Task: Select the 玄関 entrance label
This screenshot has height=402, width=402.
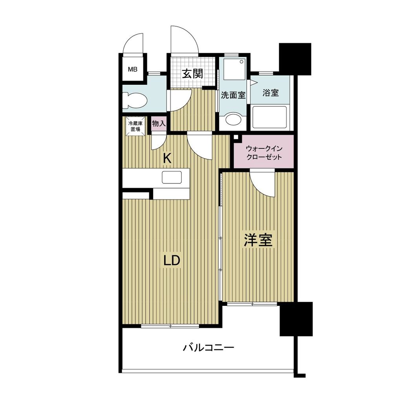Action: (x=192, y=73)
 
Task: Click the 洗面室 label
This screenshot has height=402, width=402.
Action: (x=233, y=95)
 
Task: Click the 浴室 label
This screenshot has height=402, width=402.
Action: (x=270, y=93)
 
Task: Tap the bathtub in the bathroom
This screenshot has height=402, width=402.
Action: (x=270, y=117)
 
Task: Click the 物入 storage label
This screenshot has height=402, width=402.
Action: (x=159, y=124)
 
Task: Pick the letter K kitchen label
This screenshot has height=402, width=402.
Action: (x=167, y=158)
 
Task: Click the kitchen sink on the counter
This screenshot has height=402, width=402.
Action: (x=171, y=177)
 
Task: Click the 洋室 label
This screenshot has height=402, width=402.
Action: (x=258, y=240)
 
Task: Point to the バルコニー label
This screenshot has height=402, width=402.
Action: (x=209, y=347)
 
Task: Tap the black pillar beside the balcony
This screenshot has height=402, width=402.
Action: (x=296, y=319)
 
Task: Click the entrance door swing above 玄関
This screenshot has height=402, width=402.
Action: (x=184, y=40)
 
